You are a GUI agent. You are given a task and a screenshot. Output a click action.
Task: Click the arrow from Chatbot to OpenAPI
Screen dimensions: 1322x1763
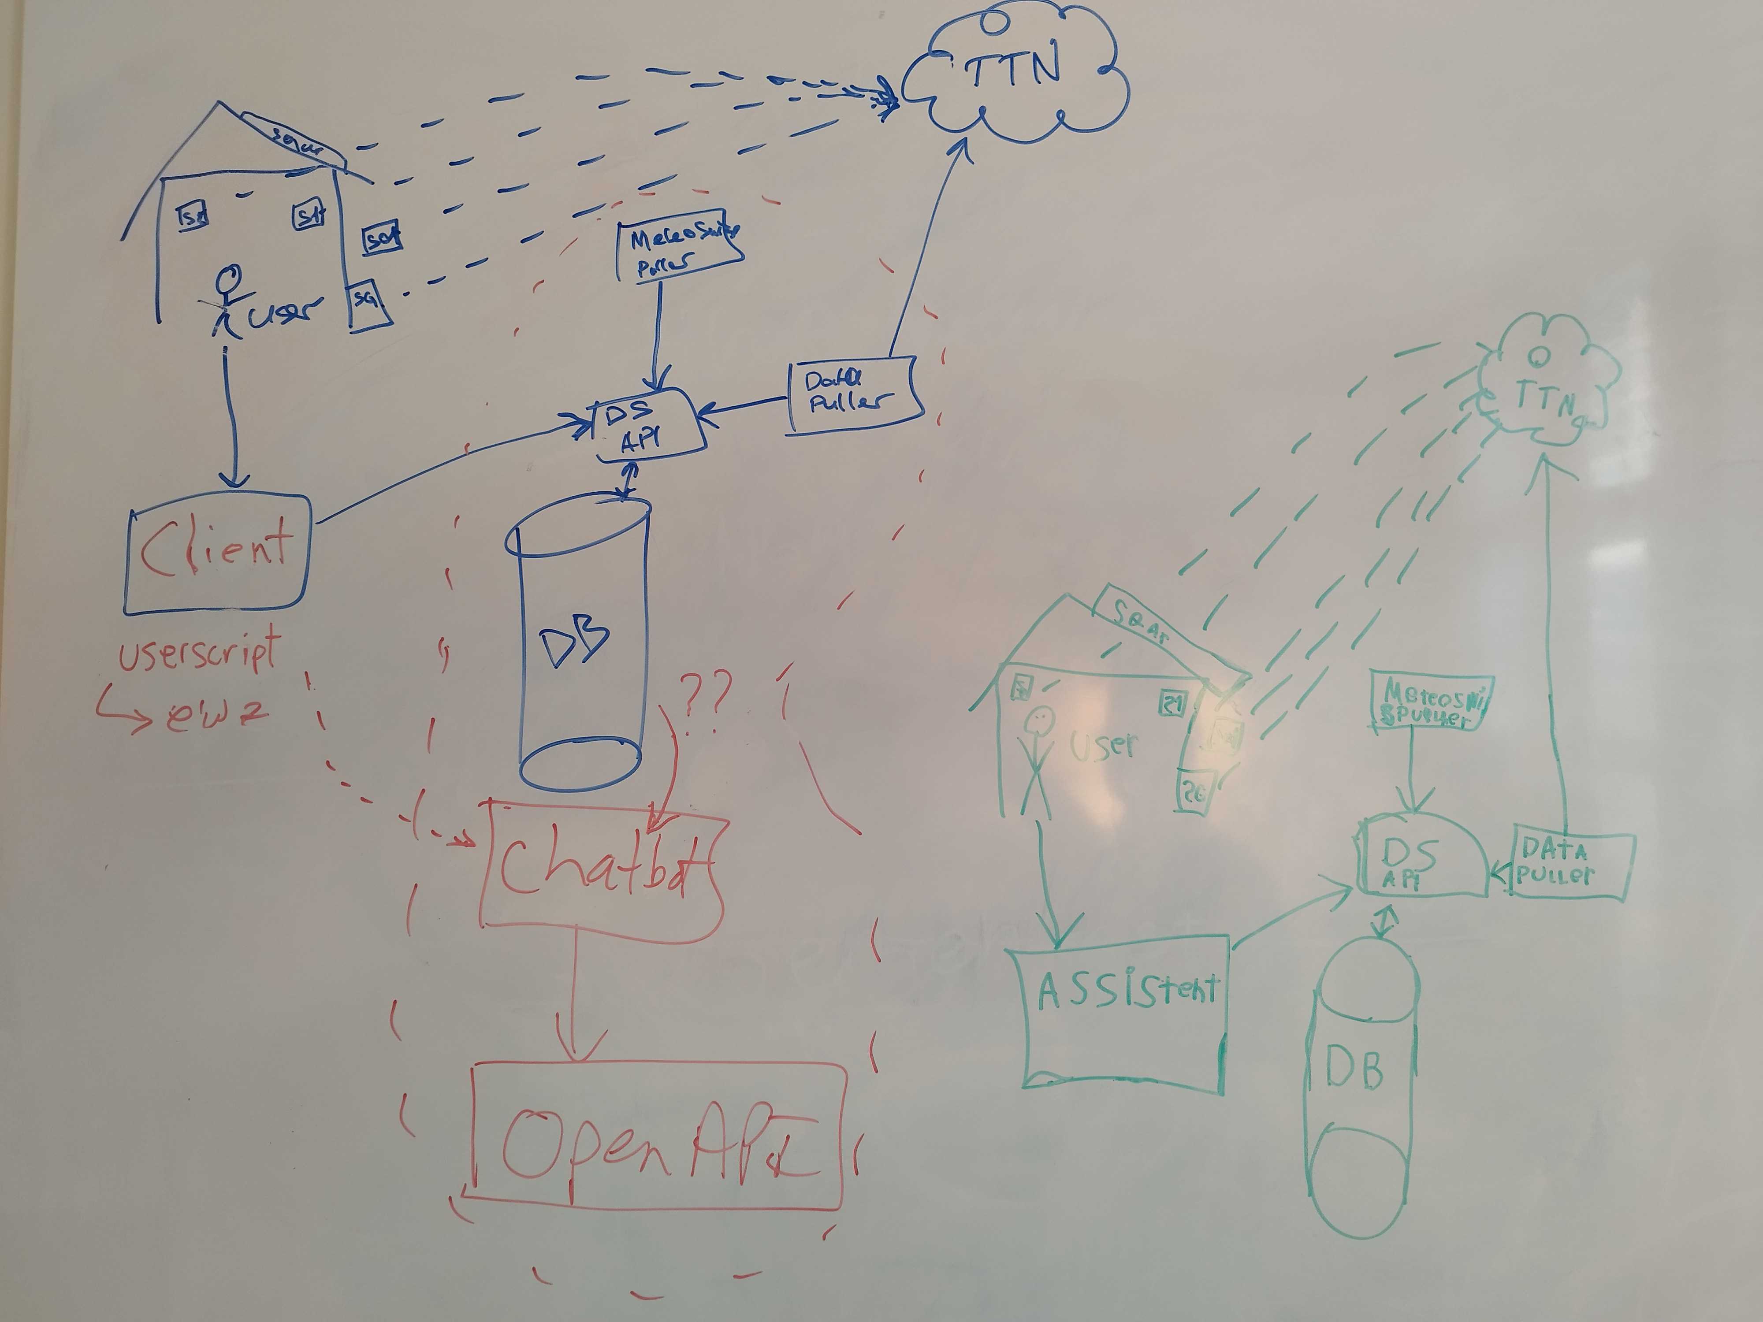[x=576, y=996]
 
